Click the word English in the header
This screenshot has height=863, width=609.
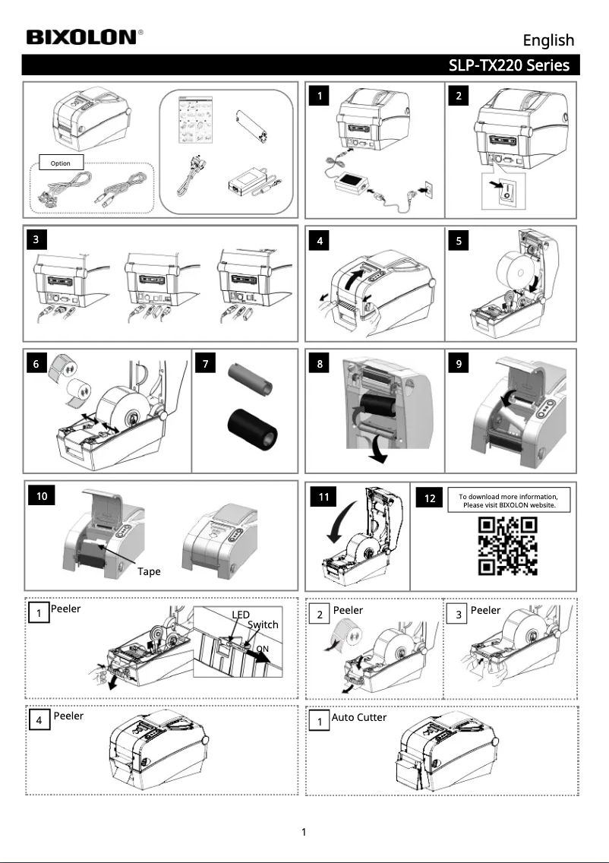(548, 41)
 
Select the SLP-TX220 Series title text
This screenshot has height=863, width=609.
(509, 65)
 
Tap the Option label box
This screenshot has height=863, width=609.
(61, 163)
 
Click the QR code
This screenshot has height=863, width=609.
(507, 545)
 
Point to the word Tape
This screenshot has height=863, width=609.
(149, 572)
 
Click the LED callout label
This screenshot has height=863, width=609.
(241, 615)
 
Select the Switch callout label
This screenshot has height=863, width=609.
(263, 624)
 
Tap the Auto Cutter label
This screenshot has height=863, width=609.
(358, 717)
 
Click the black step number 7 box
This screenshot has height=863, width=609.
(206, 363)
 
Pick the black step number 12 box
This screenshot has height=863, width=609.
(429, 498)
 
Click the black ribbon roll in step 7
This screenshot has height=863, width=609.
(253, 428)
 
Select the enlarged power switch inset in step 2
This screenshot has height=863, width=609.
(503, 191)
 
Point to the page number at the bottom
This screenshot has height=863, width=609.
(304, 832)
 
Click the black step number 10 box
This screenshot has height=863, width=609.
(42, 496)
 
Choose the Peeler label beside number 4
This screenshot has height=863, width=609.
(69, 716)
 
